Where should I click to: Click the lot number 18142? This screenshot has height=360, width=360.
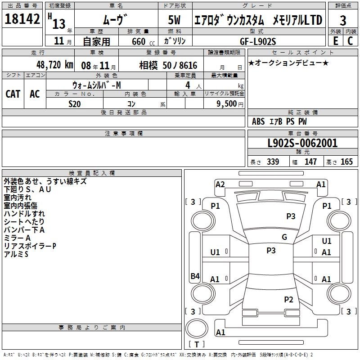click(22, 18)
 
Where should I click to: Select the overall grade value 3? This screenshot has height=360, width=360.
click(343, 21)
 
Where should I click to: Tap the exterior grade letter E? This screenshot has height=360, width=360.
click(336, 41)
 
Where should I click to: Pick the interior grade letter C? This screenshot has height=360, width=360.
click(350, 41)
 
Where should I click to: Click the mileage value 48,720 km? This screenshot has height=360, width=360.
click(55, 65)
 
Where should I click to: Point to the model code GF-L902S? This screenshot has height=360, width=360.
click(258, 41)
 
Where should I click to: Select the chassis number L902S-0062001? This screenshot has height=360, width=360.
click(302, 143)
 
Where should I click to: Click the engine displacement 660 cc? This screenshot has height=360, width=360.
click(143, 42)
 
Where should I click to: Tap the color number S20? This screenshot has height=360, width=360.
click(75, 104)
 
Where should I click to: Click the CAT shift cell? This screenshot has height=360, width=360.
click(13, 94)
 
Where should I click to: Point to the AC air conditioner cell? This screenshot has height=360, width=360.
click(35, 94)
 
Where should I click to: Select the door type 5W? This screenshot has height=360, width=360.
click(174, 20)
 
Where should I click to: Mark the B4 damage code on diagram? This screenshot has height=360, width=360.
click(195, 276)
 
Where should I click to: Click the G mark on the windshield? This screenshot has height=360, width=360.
click(284, 237)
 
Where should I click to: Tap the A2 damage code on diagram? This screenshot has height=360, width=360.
click(220, 184)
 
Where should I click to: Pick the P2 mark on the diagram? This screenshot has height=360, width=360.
click(288, 299)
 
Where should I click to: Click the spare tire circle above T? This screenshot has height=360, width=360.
click(197, 328)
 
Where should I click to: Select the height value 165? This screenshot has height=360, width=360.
click(346, 162)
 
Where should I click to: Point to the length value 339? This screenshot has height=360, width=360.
click(273, 162)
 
